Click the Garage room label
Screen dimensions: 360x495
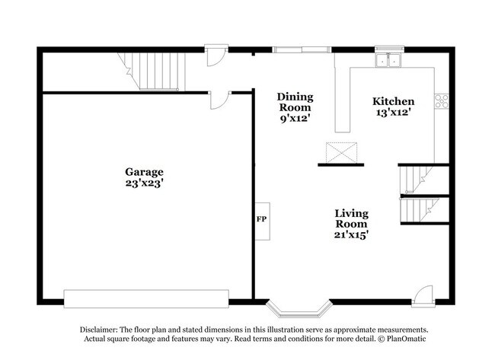pyautogui.click(x=145, y=172)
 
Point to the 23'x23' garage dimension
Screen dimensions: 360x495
pyautogui.click(x=145, y=183)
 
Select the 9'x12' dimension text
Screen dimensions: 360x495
pyautogui.click(x=294, y=118)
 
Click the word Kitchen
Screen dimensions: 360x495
pyautogui.click(x=393, y=101)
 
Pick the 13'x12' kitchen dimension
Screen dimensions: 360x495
pyautogui.click(x=393, y=113)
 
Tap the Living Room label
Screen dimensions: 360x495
pyautogui.click(x=351, y=218)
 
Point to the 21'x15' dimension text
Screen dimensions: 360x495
pyautogui.click(x=351, y=235)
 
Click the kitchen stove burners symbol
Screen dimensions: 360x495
pyautogui.click(x=441, y=100)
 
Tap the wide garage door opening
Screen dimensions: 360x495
pyautogui.click(x=146, y=298)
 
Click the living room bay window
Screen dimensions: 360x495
pyautogui.click(x=299, y=308)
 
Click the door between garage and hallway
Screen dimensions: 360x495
pyautogui.click(x=220, y=100)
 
